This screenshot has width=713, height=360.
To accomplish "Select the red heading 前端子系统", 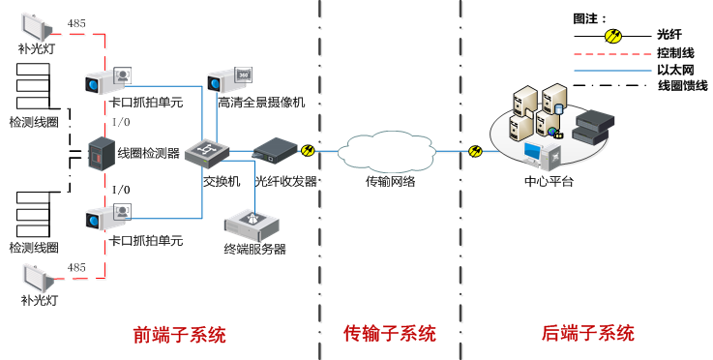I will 179,335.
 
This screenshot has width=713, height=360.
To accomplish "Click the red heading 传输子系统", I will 389,335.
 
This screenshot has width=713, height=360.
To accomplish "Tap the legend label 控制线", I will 672,52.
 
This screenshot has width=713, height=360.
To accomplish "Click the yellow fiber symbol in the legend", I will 612,36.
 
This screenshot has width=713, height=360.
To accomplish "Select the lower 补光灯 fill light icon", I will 36,279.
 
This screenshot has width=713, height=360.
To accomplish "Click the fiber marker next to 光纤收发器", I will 308,150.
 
